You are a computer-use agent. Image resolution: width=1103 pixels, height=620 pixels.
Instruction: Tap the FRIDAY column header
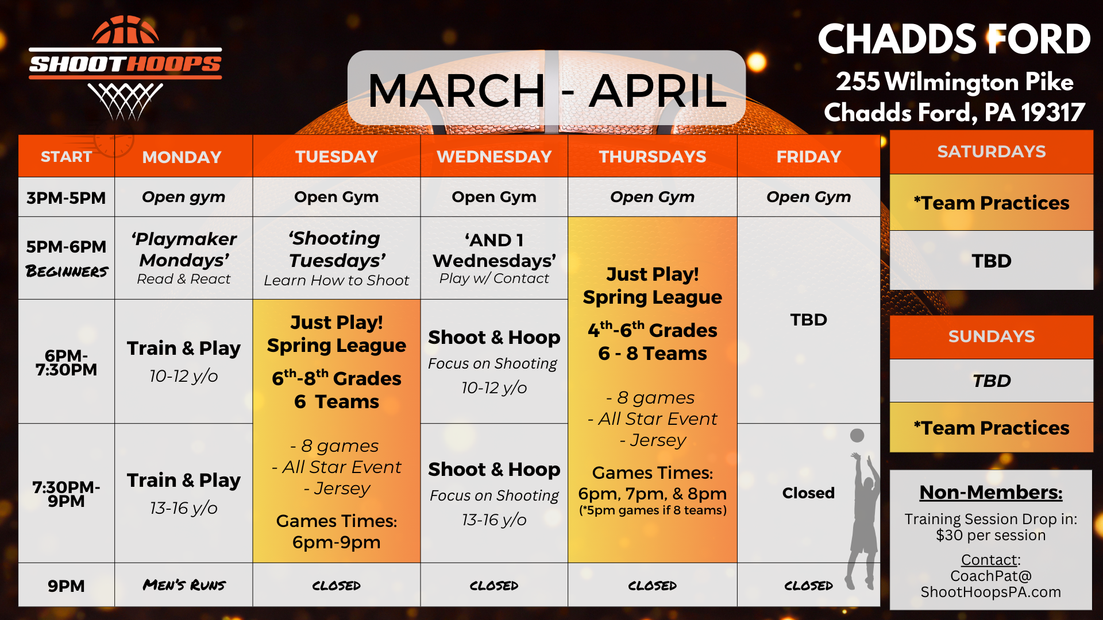(808, 156)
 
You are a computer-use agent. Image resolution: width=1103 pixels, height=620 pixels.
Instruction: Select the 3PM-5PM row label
(66, 197)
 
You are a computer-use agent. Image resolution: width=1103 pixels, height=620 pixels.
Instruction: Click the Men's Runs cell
(184, 585)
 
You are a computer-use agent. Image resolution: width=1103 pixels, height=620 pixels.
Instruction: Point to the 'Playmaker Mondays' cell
(184, 258)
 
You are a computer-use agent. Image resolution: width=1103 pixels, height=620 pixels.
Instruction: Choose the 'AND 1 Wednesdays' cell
(494, 258)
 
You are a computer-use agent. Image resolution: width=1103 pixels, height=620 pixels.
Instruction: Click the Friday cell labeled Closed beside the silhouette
(808, 493)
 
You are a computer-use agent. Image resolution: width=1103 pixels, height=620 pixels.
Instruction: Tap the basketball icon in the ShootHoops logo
(125, 30)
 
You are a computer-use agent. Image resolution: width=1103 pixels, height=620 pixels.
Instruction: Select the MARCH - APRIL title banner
(546, 89)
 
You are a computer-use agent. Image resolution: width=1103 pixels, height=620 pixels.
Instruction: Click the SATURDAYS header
(992, 152)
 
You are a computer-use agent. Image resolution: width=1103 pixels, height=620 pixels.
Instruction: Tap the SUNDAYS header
(992, 336)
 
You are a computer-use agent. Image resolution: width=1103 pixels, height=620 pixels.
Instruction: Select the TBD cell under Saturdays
(992, 261)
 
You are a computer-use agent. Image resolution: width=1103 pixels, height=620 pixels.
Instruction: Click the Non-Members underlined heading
(991, 493)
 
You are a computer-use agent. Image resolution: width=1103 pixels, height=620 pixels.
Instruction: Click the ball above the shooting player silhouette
(857, 435)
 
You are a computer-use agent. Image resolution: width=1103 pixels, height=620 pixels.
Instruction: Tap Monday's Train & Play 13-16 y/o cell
(184, 493)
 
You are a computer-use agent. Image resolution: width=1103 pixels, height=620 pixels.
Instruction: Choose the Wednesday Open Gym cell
(494, 197)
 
